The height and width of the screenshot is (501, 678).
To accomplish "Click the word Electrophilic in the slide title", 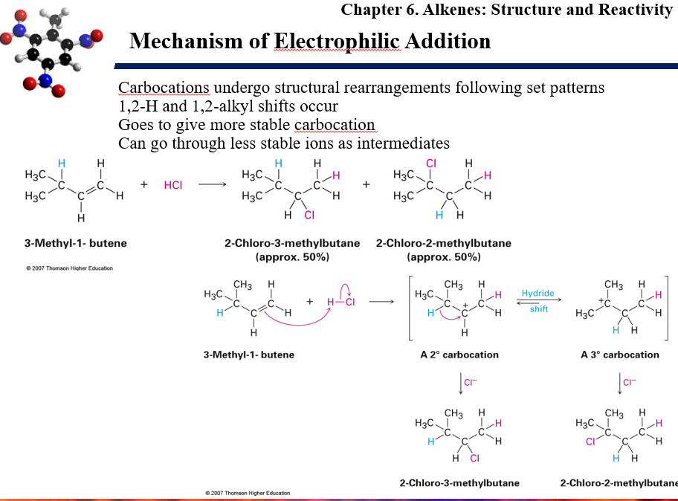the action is coord(338,42).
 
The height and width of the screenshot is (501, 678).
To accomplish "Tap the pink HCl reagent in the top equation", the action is coord(173,185).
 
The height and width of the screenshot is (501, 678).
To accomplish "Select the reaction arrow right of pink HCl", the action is coord(213,184).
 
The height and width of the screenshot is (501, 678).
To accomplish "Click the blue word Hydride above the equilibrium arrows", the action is coord(537,293).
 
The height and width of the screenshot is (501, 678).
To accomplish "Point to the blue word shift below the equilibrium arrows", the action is coord(539,308).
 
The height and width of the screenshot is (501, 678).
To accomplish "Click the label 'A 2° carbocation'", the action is coord(459,355).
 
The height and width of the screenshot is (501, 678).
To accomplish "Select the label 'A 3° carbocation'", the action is coord(619,355).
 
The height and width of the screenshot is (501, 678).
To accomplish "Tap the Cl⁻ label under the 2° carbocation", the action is coord(471,382).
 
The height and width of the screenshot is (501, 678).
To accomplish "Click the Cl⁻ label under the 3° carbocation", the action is coord(630,382).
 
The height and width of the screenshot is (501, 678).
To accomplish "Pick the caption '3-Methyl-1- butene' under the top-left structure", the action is coord(76,243).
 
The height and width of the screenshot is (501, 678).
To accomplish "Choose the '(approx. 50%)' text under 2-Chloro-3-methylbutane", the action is coord(292,257).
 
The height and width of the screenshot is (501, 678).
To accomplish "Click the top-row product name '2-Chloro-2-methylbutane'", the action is coord(444,243).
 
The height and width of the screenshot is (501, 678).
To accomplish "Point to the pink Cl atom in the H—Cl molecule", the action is coord(350,302).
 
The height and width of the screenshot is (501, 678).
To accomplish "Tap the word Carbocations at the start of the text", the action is coord(164,88).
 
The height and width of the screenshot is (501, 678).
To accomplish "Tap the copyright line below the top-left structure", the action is coord(69,268).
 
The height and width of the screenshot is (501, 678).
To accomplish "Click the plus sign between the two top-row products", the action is coord(367,184).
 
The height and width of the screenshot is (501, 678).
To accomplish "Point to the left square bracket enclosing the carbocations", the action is coord(410,308).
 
